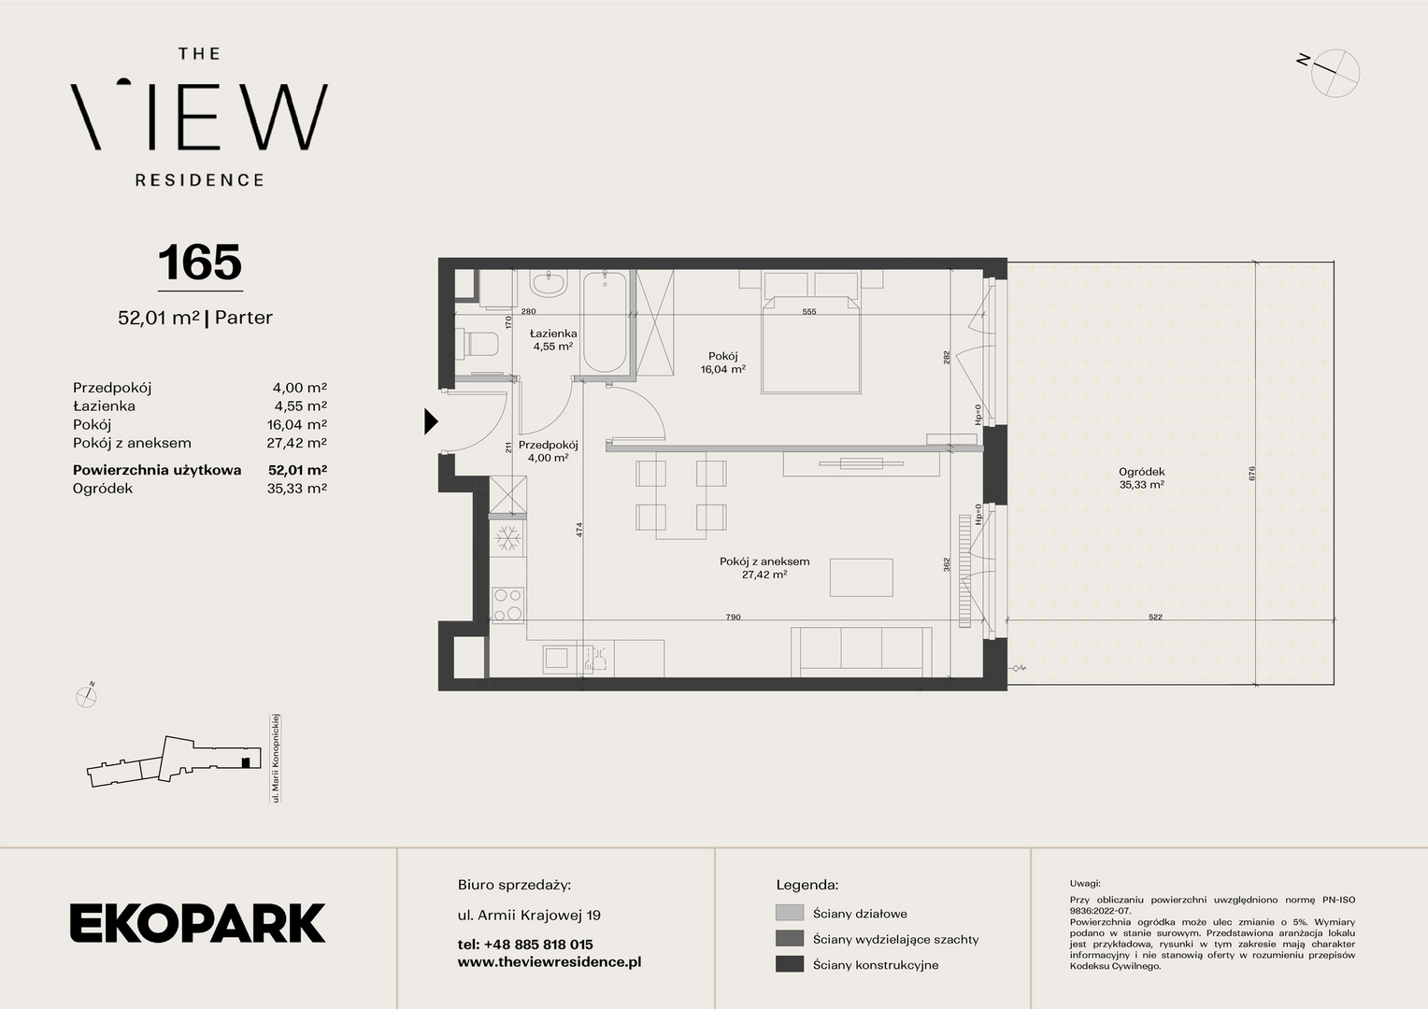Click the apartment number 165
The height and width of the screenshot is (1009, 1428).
pos(200,263)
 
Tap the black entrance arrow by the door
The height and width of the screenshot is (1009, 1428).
pos(431,421)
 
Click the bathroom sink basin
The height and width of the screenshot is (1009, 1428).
pos(549,284)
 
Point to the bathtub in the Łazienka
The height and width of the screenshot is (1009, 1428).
pos(605,322)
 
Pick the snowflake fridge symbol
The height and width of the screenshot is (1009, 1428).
pos(508,538)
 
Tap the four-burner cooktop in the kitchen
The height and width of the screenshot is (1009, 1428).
pos(508,604)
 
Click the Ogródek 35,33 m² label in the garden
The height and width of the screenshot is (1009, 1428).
pos(1142,478)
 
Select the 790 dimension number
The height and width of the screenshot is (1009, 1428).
pos(733,617)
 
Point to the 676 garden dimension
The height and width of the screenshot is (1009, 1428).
pos(1251,474)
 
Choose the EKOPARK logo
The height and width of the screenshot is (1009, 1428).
pos(197,922)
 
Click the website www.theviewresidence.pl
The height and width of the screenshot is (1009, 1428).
pos(550,962)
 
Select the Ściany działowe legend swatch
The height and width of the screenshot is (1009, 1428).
pos(789,913)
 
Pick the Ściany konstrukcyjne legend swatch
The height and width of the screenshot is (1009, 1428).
pos(789,964)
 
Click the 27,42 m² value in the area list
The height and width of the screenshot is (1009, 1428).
pos(296,443)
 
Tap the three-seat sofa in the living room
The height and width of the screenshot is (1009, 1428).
pos(862,652)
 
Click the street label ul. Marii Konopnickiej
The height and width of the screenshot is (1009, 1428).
pos(276,758)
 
